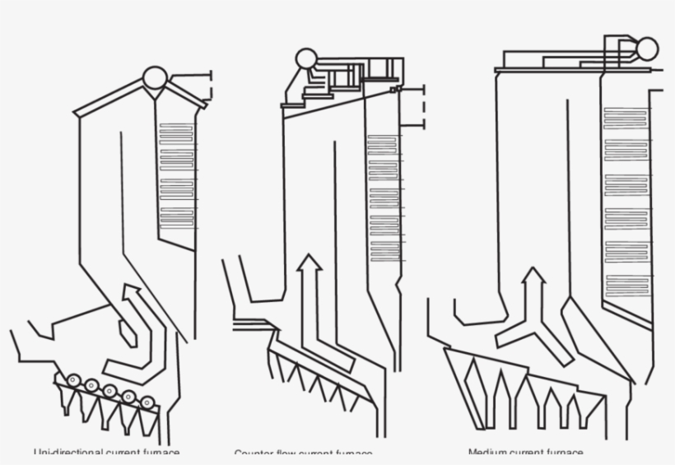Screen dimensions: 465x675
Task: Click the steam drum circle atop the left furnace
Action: coord(153,78)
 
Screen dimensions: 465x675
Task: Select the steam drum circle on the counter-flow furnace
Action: coord(306,58)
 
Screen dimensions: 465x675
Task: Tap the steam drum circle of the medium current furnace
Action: coord(647,49)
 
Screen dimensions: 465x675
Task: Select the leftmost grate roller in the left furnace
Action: coord(73,380)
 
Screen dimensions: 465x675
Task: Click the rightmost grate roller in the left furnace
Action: coord(147,402)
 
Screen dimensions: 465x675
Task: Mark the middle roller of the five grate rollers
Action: coord(110,391)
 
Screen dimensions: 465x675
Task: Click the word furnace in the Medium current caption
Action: coord(565,453)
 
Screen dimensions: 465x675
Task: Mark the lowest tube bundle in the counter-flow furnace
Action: coord(384,251)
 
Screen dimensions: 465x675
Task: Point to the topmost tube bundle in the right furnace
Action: coord(626,118)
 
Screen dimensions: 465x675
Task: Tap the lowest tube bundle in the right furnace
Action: coord(626,286)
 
